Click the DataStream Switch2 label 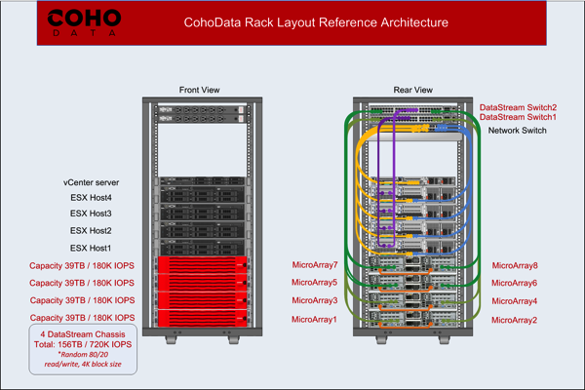[518, 107]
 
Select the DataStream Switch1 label [518, 118]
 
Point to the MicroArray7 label [314, 265]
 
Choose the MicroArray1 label [314, 320]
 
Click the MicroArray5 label [314, 283]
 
